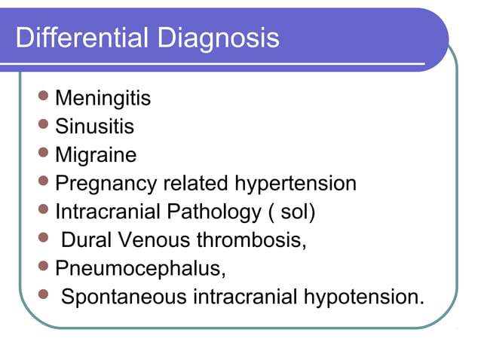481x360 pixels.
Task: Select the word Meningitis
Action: (103, 98)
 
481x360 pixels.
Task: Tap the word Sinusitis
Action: (95, 127)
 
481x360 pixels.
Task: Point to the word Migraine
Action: (97, 155)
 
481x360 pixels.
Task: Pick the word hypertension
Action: (296, 183)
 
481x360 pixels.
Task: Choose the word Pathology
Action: (211, 212)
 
